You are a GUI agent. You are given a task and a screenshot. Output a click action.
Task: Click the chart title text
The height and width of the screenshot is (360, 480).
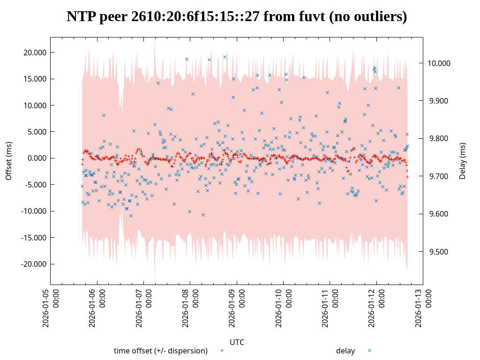237,17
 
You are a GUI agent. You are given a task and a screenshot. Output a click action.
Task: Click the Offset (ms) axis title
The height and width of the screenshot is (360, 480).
8,161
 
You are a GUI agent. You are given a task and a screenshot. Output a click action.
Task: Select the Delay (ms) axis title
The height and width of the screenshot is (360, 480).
463,161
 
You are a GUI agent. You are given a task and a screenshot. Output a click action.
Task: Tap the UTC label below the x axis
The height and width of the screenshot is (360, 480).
237,342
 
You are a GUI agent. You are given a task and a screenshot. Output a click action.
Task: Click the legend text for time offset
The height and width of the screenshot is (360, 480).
160,351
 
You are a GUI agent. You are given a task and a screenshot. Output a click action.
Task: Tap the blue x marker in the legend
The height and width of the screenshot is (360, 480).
369,351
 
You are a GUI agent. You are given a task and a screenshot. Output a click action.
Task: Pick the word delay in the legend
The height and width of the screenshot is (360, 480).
345,351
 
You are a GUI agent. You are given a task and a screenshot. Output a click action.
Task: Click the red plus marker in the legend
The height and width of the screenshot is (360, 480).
222,351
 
